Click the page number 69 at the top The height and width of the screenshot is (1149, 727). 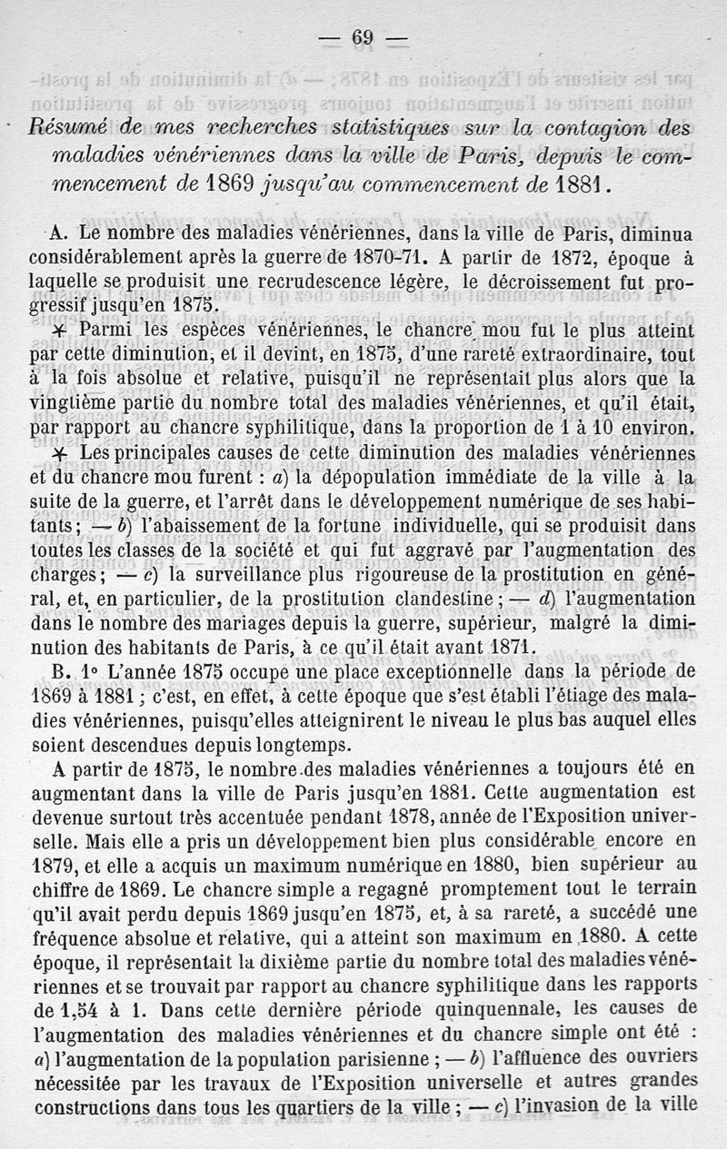pyautogui.click(x=363, y=37)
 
